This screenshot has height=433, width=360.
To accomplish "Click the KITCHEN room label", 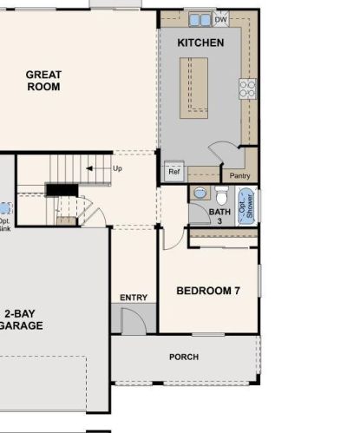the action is pyautogui.click(x=200, y=43).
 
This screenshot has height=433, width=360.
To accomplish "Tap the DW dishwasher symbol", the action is pyautogui.click(x=221, y=19).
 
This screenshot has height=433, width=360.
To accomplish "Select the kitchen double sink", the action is pyautogui.click(x=200, y=20).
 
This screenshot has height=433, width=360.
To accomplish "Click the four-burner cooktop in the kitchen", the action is pyautogui.click(x=248, y=89).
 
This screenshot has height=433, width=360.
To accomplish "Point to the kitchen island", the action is pyautogui.click(x=193, y=88).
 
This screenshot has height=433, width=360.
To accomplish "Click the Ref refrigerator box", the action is pyautogui.click(x=174, y=171).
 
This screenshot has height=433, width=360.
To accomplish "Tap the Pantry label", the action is pyautogui.click(x=239, y=175).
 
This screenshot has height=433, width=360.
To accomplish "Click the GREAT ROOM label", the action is pyautogui.click(x=43, y=81).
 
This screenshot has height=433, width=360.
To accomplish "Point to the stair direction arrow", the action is pyautogui.click(x=90, y=168).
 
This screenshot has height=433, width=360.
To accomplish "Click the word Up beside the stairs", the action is pyautogui.click(x=117, y=168).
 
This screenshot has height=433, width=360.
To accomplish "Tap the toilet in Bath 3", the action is pyautogui.click(x=222, y=195).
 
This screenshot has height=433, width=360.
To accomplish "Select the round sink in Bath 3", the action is pyautogui.click(x=200, y=193).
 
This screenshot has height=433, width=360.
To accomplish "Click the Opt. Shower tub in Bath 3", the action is pyautogui.click(x=246, y=206).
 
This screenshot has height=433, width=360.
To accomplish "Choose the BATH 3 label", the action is pyautogui.click(x=219, y=216).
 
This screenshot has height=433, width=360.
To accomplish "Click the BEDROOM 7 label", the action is pyautogui.click(x=208, y=291).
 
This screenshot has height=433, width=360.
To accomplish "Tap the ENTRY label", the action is pyautogui.click(x=134, y=298).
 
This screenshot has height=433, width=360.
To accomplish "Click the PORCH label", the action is pyautogui.click(x=184, y=357).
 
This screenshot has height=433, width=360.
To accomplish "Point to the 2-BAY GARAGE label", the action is pyautogui.click(x=21, y=319).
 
